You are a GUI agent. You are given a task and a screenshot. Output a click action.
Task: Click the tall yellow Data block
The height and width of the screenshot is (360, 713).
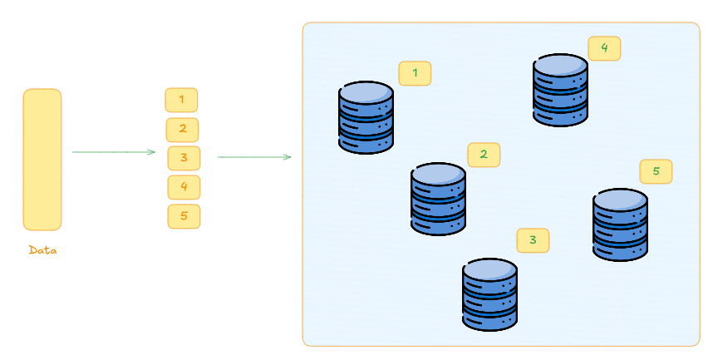click(x=42, y=159)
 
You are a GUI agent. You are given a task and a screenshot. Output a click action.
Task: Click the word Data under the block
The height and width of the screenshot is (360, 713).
click(x=42, y=249)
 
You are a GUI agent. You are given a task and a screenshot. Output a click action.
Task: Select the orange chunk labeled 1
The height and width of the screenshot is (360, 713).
click(x=181, y=100)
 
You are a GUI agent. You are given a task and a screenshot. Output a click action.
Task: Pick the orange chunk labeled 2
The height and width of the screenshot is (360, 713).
click(x=182, y=129)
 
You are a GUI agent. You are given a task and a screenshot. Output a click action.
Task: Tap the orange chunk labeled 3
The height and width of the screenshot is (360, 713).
click(x=184, y=157)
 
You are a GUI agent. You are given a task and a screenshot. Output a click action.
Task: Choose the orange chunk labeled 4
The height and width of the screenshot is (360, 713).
click(x=184, y=186)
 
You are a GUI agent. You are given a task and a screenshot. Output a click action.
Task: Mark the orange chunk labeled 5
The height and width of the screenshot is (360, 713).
click(x=184, y=216)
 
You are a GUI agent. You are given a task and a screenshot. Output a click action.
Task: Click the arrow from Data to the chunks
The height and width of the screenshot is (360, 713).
click(x=114, y=152)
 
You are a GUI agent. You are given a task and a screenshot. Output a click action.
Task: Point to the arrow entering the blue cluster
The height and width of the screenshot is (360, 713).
click(x=254, y=156)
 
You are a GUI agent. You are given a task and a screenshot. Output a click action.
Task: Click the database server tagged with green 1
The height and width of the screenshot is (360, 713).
click(x=366, y=117)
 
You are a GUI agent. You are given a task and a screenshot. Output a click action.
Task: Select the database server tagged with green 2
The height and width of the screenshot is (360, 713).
click(x=438, y=199)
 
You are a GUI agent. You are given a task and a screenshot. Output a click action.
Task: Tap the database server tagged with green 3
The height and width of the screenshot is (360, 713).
click(x=489, y=295)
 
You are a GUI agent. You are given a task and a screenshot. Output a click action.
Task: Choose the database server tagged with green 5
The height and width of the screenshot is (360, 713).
click(x=620, y=224)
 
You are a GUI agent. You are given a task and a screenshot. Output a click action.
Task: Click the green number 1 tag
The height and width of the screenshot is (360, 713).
click(x=415, y=73)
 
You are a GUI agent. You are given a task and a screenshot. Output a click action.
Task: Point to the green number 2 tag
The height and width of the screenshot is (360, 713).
click(x=484, y=154)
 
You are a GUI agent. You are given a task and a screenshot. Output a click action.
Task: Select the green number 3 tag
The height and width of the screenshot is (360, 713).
click(x=533, y=240)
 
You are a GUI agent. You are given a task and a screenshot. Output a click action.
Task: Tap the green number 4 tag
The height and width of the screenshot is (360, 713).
click(x=604, y=47)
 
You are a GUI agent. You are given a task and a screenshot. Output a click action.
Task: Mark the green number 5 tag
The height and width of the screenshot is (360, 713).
click(x=656, y=171)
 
